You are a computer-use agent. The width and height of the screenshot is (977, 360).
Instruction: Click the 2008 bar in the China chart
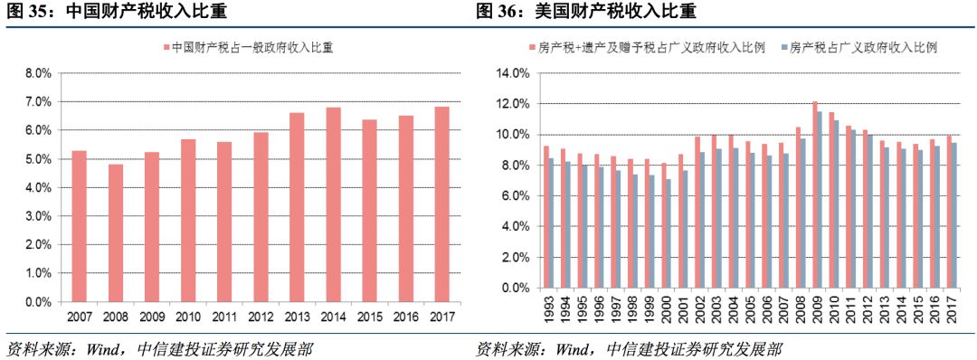tap(116, 232)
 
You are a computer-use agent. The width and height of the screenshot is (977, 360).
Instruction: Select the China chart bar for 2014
tap(333, 204)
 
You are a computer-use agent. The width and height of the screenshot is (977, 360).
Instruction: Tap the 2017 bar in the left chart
tap(441, 204)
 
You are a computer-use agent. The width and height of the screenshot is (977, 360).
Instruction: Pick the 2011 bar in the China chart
tap(224, 222)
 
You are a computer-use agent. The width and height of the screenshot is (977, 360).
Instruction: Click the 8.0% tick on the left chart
tap(37, 73)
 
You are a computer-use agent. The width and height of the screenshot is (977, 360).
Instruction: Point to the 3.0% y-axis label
tap(37, 216)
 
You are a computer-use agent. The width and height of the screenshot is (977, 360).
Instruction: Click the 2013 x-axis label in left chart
tap(297, 315)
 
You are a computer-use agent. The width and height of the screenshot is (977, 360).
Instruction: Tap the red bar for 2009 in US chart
tap(815, 195)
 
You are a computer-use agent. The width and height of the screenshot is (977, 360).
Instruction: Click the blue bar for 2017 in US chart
tap(953, 216)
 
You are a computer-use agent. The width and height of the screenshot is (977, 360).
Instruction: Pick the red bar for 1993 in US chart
tap(546, 217)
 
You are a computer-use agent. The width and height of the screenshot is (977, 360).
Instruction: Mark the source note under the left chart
tap(159, 349)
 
